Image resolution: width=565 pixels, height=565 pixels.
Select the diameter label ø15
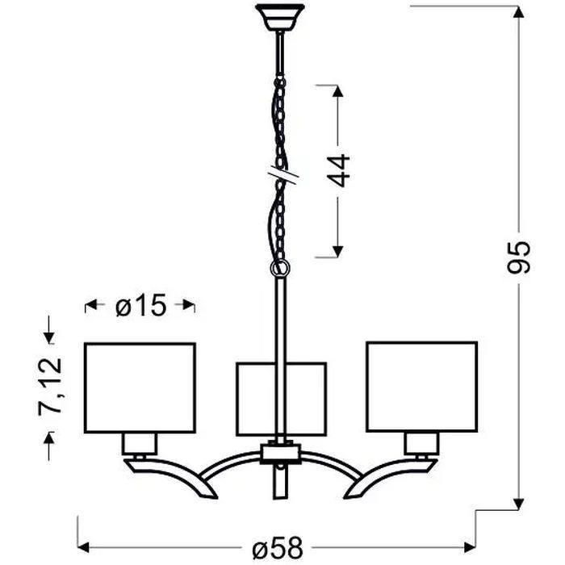coord(140,305)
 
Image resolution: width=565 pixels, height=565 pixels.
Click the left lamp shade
coord(140,387)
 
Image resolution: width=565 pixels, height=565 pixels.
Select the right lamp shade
coord(421,387)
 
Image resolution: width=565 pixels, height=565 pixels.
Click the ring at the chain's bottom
coord(281,266)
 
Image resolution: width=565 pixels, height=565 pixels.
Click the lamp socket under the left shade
coord(138,442)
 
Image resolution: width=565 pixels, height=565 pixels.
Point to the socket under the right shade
coord(421,442)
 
